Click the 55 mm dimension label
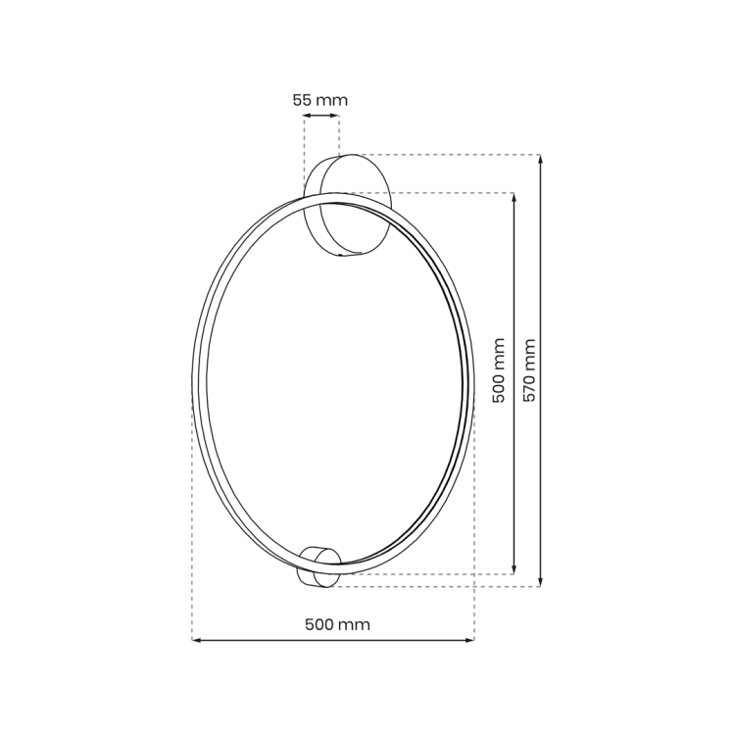pyautogui.click(x=319, y=100)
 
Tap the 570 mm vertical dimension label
pyautogui.click(x=529, y=370)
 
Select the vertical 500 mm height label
pyautogui.click(x=499, y=370)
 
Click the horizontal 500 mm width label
pyautogui.click(x=337, y=624)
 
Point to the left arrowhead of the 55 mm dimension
pyautogui.click(x=307, y=116)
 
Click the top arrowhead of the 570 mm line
pyautogui.click(x=540, y=159)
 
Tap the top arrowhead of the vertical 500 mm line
pyautogui.click(x=514, y=196)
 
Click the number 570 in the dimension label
pyautogui.click(x=529, y=385)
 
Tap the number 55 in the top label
pyautogui.click(x=302, y=100)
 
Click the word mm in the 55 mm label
pyautogui.click(x=331, y=100)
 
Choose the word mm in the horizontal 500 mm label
pyautogui.click(x=354, y=624)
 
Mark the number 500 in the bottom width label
pyautogui.click(x=319, y=624)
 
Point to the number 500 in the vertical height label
pyautogui.click(x=499, y=387)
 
